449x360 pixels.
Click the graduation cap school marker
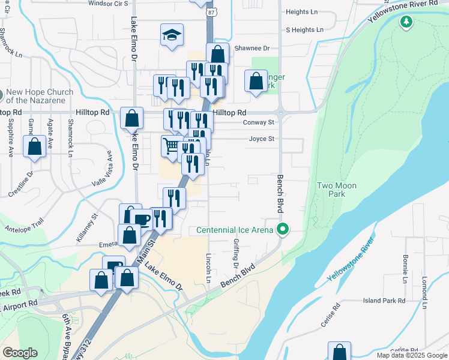pos(172,35)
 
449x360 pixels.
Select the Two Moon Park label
pos(337,190)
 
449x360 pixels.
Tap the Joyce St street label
pos(262,139)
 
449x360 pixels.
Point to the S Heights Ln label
pos(304,29)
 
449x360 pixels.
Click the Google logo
pos(20,353)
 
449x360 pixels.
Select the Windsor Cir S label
pos(109,3)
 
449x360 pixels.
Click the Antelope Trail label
pos(24,228)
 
